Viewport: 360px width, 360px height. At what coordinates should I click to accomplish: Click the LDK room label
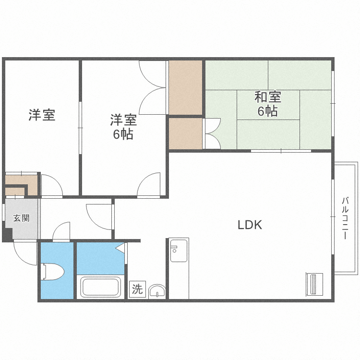(250, 225)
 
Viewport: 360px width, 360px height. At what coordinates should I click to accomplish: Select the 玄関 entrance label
(21, 218)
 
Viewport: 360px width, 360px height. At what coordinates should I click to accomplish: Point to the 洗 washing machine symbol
(137, 289)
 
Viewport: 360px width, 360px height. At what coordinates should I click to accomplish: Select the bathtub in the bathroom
(100, 287)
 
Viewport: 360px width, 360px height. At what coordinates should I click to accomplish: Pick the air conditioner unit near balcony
(314, 284)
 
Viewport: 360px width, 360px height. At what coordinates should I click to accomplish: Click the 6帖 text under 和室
(267, 111)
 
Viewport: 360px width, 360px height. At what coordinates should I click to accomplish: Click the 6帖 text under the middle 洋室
(123, 134)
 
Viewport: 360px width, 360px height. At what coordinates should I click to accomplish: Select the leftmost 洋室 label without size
(42, 115)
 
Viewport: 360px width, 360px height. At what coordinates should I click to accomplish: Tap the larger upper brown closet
(185, 87)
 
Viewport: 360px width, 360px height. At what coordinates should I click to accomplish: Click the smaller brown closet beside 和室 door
(185, 133)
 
